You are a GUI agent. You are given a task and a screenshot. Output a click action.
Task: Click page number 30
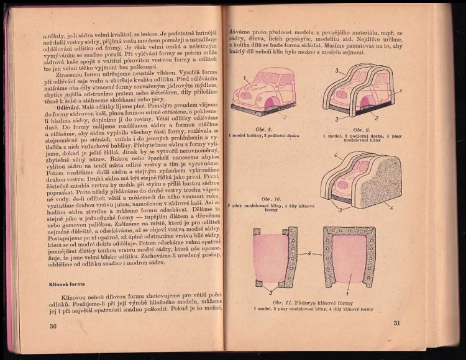(x=53, y=326)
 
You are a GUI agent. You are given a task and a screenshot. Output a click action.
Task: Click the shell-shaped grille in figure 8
(x=245, y=95)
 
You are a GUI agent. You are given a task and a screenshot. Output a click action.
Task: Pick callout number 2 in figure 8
(x=285, y=116)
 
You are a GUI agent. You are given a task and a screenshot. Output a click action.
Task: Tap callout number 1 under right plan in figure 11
(x=348, y=292)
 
